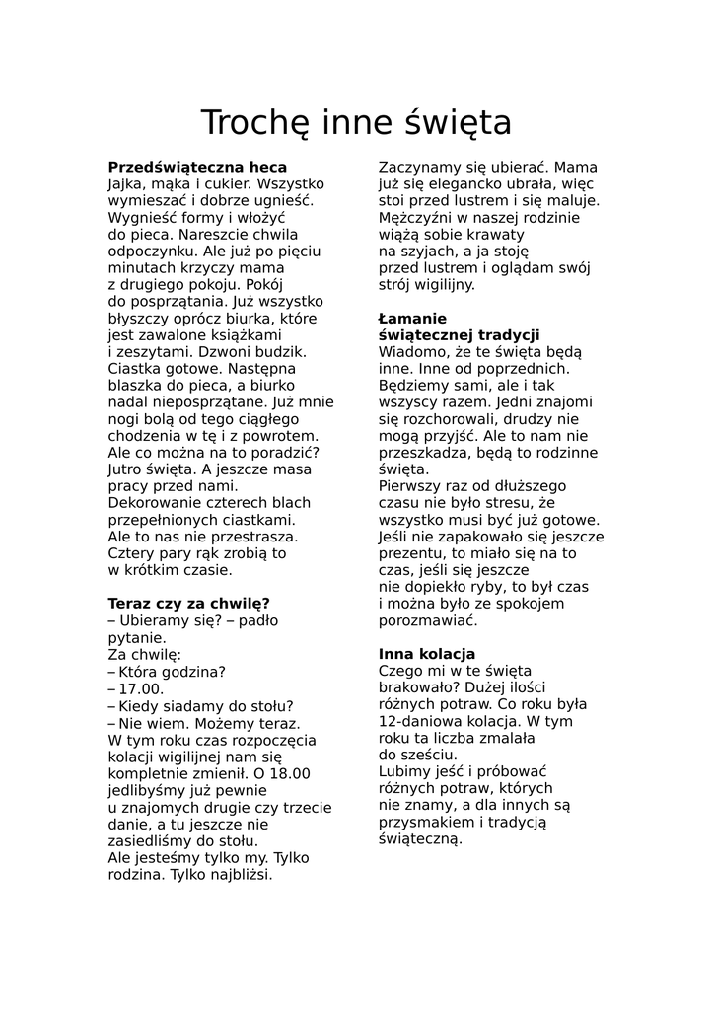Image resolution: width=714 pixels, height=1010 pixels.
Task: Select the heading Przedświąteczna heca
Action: click(x=197, y=168)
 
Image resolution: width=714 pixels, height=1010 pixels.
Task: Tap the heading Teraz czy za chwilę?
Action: click(x=188, y=604)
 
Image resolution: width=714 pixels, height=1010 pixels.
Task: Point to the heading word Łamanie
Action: click(x=412, y=319)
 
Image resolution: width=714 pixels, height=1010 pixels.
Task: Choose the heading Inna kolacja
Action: click(x=427, y=654)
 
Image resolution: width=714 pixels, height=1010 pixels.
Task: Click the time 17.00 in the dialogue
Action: click(x=141, y=689)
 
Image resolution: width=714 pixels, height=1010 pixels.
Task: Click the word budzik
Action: click(x=283, y=351)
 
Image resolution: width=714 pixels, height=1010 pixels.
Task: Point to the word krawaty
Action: click(x=492, y=235)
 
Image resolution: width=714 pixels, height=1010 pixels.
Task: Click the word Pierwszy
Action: click(x=411, y=486)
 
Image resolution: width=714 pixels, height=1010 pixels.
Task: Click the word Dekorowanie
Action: click(x=156, y=503)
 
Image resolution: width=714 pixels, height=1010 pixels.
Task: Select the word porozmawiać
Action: click(x=428, y=620)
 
